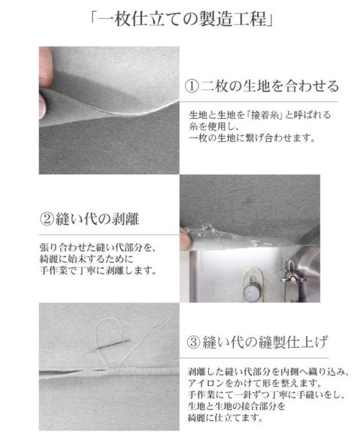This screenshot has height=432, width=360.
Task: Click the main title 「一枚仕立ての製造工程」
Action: tap(181, 19)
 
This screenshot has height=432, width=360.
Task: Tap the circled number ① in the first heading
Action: tap(192, 86)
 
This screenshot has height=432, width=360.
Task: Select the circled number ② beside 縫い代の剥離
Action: tap(47, 220)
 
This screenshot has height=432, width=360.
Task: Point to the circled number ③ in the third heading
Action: tap(194, 343)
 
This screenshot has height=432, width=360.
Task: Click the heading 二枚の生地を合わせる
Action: tap(270, 86)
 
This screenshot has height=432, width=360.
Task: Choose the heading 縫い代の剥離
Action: tap(97, 220)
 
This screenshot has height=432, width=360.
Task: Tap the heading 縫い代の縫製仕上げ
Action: tap(266, 342)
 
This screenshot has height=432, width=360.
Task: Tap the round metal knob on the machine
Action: tap(252, 292)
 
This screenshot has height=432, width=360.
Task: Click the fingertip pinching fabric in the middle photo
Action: tap(185, 238)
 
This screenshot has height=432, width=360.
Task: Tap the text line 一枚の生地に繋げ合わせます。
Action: tap(252, 138)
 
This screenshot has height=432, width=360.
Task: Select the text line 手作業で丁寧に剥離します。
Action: tap(98, 271)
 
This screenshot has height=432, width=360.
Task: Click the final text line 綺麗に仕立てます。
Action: tap(225, 418)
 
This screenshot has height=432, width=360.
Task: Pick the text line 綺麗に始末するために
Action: tap(86, 259)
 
